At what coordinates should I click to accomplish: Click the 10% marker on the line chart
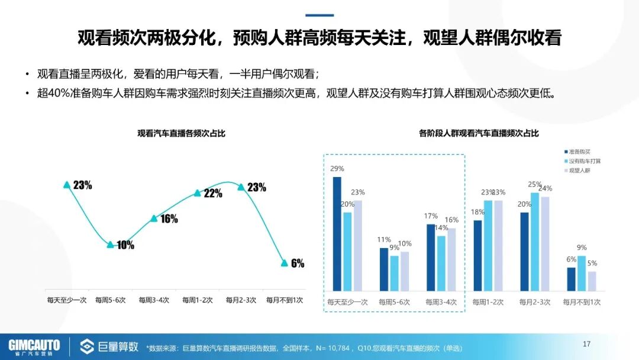[x=110, y=244]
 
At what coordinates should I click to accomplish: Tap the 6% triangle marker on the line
[x=284, y=262]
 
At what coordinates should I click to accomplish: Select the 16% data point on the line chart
[x=154, y=218]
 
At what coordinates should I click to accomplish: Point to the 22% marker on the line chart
[x=198, y=192]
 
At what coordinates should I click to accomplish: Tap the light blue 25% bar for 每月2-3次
[x=534, y=242]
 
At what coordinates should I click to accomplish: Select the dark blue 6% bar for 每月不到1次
[x=571, y=279]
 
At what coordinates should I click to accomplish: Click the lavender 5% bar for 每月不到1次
[x=592, y=281]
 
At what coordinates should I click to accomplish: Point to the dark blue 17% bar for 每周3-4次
[x=431, y=258]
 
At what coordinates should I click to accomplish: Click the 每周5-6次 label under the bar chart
[x=395, y=302]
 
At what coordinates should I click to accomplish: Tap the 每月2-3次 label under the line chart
[x=241, y=300]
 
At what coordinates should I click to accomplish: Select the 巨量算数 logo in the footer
[x=110, y=346]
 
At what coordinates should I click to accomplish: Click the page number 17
[x=587, y=344]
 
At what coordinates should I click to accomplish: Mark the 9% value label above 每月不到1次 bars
[x=582, y=247]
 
